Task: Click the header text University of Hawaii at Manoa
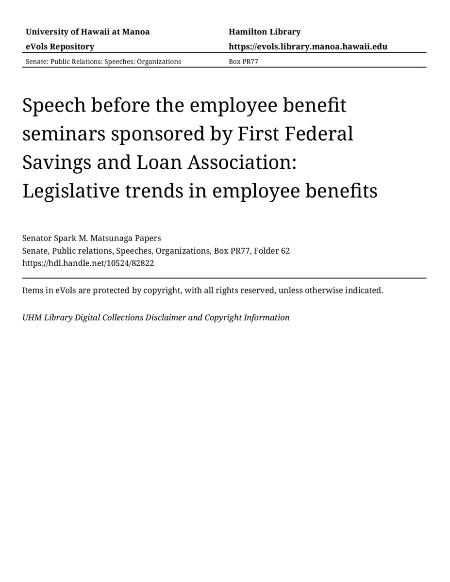[87, 32]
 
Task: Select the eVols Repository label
[60, 47]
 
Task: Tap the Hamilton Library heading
[265, 32]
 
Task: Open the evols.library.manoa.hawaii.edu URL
[308, 47]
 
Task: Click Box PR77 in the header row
[243, 62]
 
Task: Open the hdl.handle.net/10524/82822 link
[88, 263]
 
